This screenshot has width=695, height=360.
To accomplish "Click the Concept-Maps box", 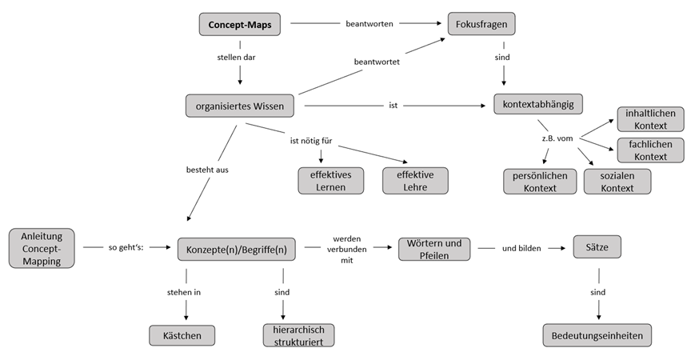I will pos(240,25).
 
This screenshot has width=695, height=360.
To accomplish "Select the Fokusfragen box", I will pos(481,25).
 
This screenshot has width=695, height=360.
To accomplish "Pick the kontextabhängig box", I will pos(538,105).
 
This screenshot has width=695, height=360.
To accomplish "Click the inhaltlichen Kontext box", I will pos(649,119).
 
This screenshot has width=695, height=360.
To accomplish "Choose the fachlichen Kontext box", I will pos(649,150).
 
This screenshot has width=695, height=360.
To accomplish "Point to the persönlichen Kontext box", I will pos(540,182).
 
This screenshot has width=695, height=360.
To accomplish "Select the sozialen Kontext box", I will pos(617,182).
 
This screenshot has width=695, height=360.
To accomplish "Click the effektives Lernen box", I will pos(330,181).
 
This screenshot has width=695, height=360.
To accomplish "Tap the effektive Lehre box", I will pos(415,181).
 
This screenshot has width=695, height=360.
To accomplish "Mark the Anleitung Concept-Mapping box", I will pos(42,248).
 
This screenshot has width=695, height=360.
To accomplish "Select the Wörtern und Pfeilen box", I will pos(434,249).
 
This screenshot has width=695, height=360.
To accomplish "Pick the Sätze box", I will pos(597,247).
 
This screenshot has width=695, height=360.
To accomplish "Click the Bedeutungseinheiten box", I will pos(597,335).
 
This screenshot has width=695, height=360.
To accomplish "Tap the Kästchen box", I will pos(182,335).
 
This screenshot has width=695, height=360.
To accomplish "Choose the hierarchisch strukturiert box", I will pos(298,335).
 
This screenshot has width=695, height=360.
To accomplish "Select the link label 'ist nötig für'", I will pos(310,142).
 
